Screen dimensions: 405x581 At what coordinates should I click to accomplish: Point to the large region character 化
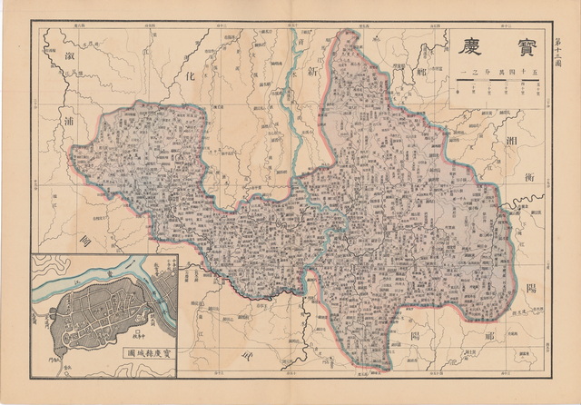192,81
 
